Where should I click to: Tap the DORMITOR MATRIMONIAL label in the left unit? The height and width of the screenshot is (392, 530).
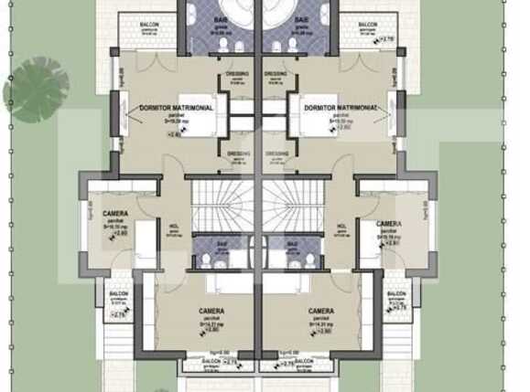click(x=177, y=107)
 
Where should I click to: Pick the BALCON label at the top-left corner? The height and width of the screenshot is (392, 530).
click(x=150, y=25)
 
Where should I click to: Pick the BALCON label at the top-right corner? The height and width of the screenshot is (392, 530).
click(x=367, y=25)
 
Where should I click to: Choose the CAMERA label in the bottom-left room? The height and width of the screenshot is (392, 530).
click(x=211, y=312)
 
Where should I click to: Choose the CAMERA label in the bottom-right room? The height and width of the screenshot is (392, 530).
click(x=320, y=312)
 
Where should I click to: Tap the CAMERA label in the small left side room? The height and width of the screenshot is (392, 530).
click(x=116, y=215)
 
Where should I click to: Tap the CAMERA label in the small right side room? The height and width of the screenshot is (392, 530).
click(x=388, y=224)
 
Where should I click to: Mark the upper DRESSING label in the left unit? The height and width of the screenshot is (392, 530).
click(x=238, y=74)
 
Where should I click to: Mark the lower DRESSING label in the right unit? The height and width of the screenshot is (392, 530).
click(x=276, y=154)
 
